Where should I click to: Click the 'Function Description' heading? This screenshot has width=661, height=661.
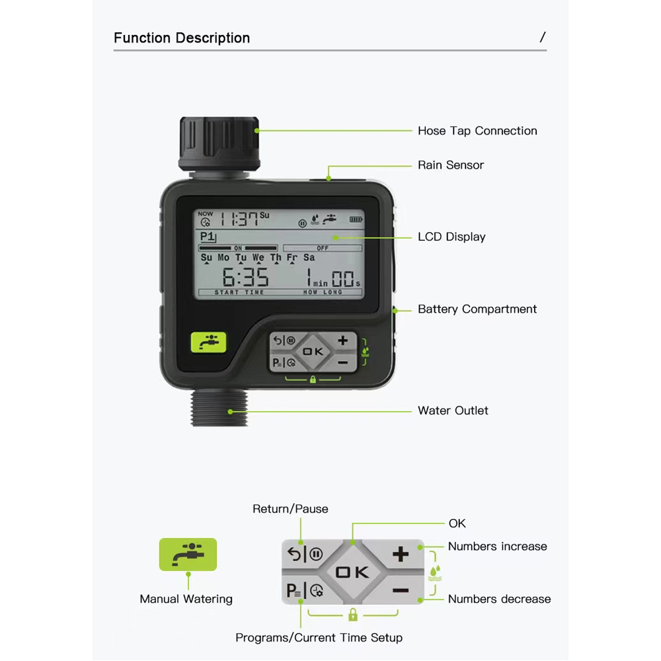pyautogui.click(x=182, y=38)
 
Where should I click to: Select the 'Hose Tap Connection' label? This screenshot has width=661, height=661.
pyautogui.click(x=477, y=131)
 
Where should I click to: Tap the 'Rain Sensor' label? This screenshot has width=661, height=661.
pyautogui.click(x=451, y=165)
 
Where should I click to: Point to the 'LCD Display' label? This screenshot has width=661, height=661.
pyautogui.click(x=451, y=237)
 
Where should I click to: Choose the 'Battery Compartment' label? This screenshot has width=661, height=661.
pyautogui.click(x=477, y=309)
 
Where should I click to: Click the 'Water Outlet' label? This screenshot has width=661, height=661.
pyautogui.click(x=453, y=410)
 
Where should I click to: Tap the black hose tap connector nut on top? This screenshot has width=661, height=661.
pyautogui.click(x=219, y=143)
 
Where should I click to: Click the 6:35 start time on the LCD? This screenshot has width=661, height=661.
pyautogui.click(x=245, y=278)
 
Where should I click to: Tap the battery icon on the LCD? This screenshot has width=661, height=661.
pyautogui.click(x=356, y=219)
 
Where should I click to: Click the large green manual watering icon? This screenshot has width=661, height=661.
pyautogui.click(x=188, y=554)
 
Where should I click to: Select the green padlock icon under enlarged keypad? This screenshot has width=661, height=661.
pyautogui.click(x=353, y=615)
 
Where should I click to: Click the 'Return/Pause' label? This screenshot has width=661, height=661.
pyautogui.click(x=290, y=509)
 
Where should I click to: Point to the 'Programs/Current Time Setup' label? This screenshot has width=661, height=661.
pyautogui.click(x=319, y=638)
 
